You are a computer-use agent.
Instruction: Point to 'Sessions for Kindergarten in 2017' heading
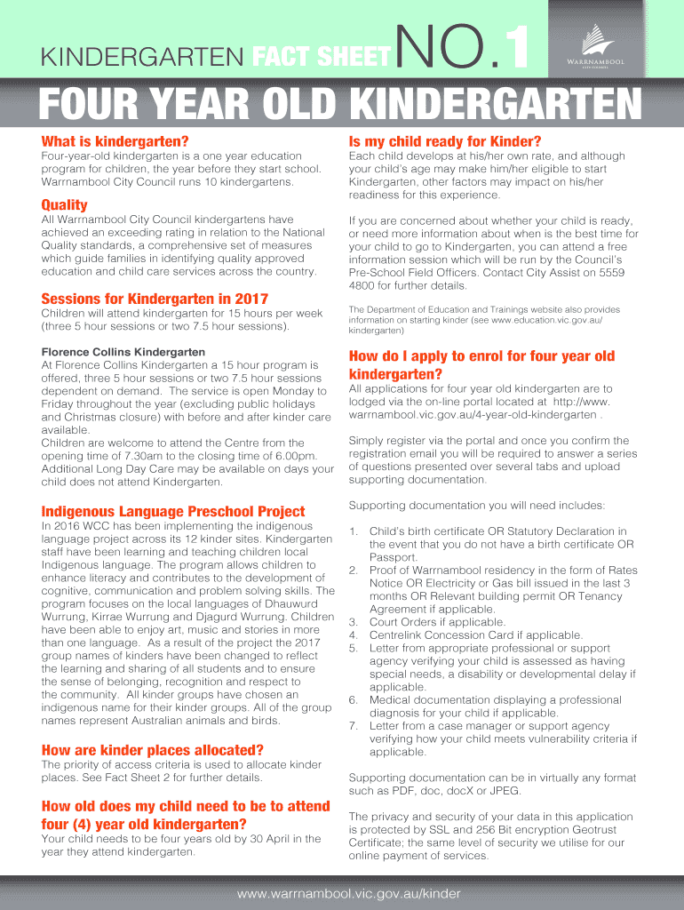coord(155,299)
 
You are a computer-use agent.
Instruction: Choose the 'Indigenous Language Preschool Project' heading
coord(173,511)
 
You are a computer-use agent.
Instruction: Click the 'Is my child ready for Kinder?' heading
coord(445,142)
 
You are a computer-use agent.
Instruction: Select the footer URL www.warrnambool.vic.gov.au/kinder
coord(342,891)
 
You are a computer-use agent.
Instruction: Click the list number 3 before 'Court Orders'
coord(353,622)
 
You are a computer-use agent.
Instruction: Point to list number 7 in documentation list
coord(353,726)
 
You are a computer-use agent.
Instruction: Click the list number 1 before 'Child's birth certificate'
coord(353,531)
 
